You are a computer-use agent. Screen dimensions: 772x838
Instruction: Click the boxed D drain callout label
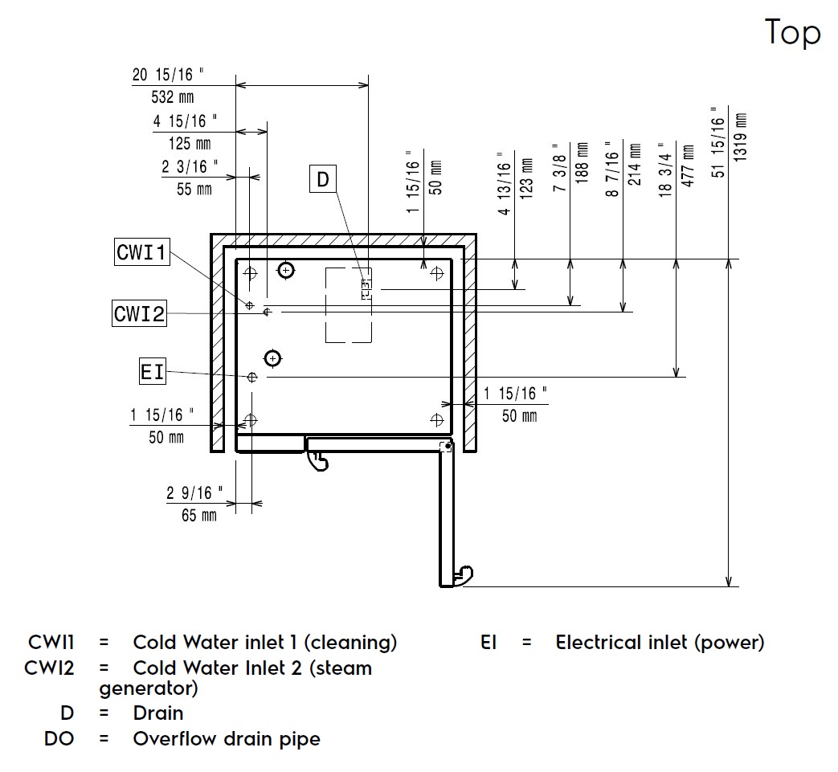323,179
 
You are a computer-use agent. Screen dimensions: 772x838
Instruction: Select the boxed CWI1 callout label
141,253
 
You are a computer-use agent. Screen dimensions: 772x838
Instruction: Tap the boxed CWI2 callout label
139,312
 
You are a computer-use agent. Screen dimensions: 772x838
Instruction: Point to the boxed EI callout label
152,372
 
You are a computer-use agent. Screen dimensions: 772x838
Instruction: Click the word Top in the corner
793,33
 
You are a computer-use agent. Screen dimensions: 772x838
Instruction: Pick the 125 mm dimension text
190,144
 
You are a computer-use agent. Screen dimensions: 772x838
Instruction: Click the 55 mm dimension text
194,190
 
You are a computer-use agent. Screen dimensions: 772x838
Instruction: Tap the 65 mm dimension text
199,516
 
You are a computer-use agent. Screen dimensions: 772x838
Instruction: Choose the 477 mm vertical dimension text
689,165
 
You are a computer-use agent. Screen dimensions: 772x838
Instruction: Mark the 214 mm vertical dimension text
635,165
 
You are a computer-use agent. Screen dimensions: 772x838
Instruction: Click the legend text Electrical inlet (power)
660,643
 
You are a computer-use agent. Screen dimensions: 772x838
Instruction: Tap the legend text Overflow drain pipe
227,739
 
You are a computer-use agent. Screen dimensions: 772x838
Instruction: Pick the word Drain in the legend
158,713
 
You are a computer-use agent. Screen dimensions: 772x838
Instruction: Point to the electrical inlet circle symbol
252,376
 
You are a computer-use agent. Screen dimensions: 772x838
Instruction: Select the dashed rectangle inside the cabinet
348,305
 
